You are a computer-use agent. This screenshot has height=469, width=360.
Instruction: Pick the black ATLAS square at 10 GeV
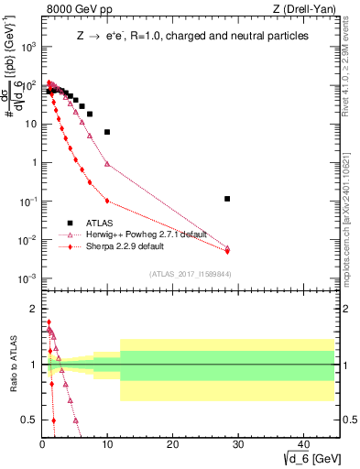tap(107, 132)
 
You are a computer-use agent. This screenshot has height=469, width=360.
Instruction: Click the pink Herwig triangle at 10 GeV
tap(107, 164)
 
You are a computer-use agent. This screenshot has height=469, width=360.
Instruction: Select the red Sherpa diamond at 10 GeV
tap(107, 201)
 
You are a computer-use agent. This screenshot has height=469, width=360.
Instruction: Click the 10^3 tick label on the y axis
tap(28, 46)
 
